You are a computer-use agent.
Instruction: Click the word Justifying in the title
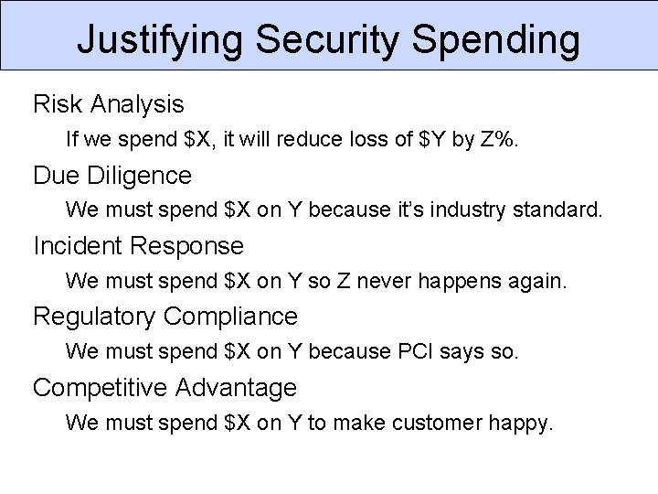point(160,40)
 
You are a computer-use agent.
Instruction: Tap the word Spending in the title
point(495,40)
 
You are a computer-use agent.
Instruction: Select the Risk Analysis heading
point(108,104)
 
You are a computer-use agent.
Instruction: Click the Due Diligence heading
point(112,175)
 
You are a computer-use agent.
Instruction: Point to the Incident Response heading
point(138,245)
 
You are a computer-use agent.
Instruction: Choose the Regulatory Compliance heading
point(164,317)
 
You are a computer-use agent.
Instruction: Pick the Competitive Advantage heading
point(164,388)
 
